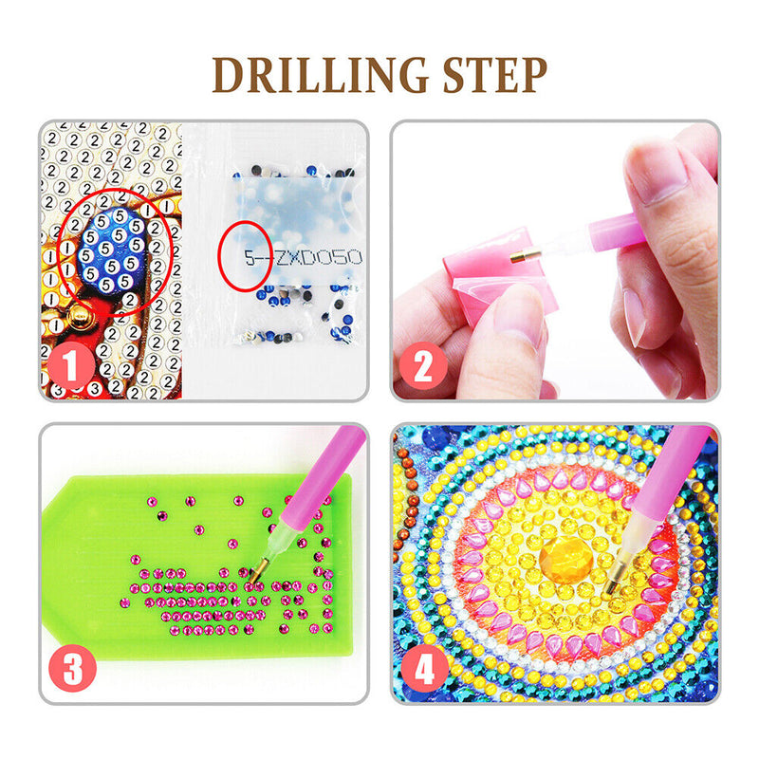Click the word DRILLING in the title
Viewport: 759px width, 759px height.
tap(320, 75)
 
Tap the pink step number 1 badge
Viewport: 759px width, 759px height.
tap(70, 365)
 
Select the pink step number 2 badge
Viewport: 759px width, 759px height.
tap(423, 366)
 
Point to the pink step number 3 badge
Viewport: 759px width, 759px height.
tap(73, 669)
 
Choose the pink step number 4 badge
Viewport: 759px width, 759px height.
tap(424, 669)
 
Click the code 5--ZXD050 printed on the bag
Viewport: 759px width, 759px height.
tap(303, 257)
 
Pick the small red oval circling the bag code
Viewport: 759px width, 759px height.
tap(245, 256)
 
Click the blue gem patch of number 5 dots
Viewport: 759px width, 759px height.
tap(113, 250)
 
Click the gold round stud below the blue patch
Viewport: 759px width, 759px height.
tap(80, 317)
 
